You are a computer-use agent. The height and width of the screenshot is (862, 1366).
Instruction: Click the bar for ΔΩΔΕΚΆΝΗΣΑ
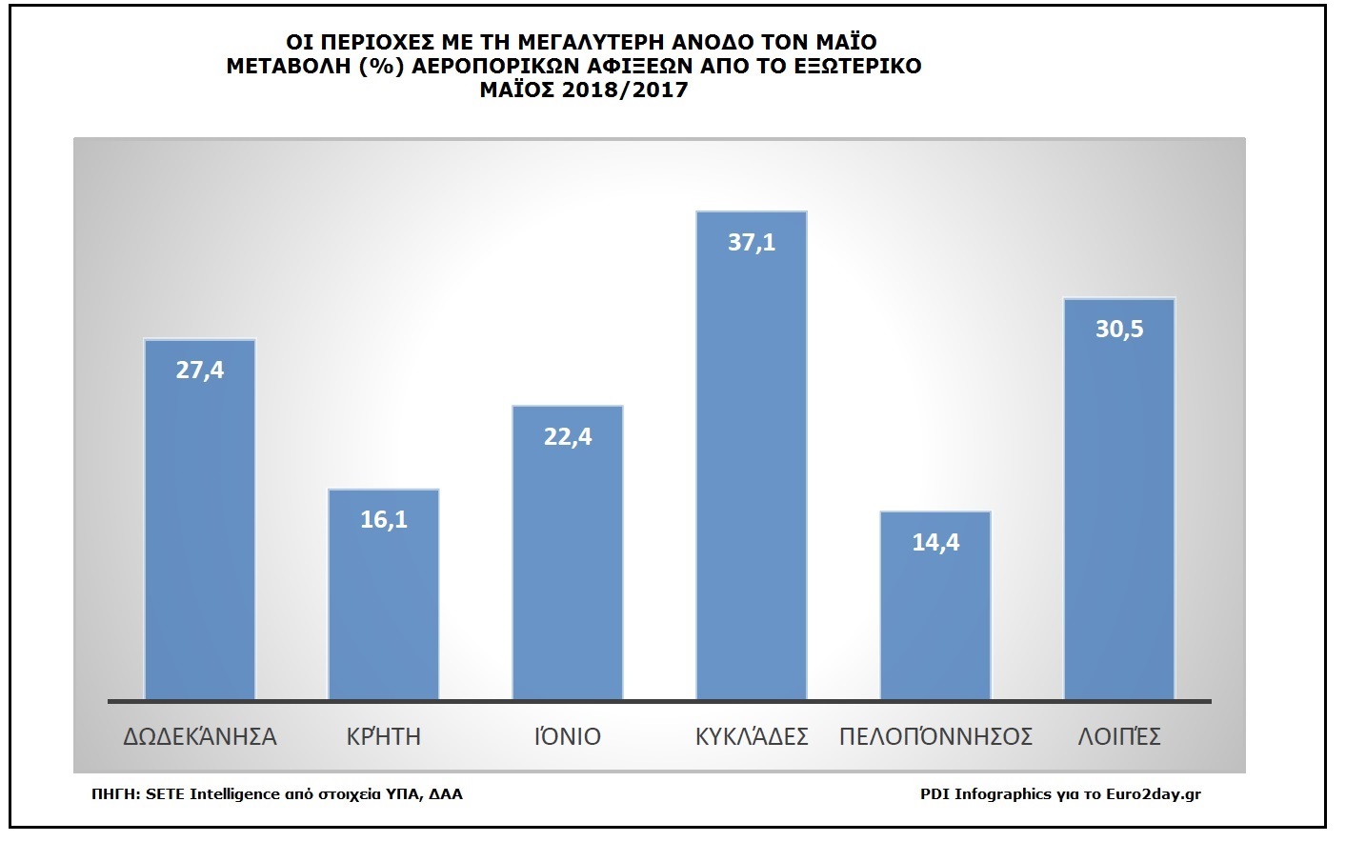click(x=200, y=533)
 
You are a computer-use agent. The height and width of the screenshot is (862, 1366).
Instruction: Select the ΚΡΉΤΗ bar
click(x=384, y=610)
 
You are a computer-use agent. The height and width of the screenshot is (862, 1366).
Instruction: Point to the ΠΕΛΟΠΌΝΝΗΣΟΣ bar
click(x=935, y=619)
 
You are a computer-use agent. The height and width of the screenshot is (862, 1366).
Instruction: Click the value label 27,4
click(x=200, y=371)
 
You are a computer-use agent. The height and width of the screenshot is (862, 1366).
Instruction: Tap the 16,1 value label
click(x=384, y=520)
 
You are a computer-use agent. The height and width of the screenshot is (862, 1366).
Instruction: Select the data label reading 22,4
click(x=568, y=437)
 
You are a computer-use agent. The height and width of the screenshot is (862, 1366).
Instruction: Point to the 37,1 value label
click(x=752, y=243)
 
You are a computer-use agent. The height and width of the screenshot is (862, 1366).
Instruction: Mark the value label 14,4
click(x=935, y=543)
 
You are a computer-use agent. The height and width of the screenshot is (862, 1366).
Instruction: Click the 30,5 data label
click(x=1119, y=330)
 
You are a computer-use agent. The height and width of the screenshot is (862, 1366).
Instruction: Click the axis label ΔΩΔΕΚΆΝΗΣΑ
click(x=200, y=736)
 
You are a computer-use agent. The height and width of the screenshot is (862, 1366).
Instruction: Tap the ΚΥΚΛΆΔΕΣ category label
click(x=752, y=736)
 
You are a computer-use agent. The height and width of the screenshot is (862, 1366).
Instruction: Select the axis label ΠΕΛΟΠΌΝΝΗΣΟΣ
click(x=935, y=736)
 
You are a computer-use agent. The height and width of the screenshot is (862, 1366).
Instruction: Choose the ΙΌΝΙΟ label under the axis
click(x=568, y=736)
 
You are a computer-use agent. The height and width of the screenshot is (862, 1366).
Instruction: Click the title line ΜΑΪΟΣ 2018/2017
click(x=583, y=91)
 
